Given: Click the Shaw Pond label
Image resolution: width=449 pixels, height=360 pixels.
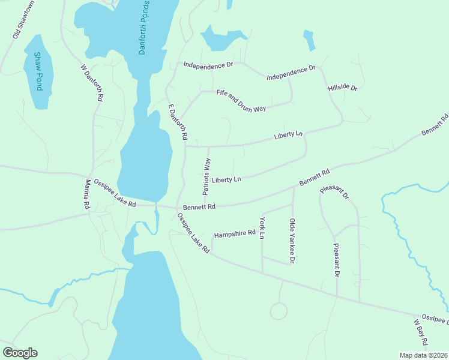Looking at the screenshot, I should pyautogui.click(x=38, y=71).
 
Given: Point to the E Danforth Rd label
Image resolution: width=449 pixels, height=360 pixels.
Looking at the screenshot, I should pyautogui.click(x=177, y=122).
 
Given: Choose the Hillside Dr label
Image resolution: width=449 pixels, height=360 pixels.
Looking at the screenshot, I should pyautogui.click(x=343, y=88).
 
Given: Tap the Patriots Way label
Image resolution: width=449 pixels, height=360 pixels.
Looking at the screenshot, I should pyautogui.click(x=207, y=176).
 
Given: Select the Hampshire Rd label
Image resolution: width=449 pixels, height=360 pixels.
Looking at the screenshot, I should pyautogui.click(x=235, y=233).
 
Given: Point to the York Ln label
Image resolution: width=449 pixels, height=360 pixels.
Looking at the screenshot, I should pyautogui.click(x=262, y=228).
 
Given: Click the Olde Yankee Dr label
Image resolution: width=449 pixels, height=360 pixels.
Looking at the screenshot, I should pyautogui.click(x=292, y=241).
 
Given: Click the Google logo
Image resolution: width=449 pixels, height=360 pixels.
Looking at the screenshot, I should pyautogui.click(x=20, y=352).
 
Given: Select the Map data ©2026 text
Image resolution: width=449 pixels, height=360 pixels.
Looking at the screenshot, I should pyautogui.click(x=423, y=355).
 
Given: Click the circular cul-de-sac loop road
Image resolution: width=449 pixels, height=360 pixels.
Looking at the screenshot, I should pyautogui.click(x=279, y=311).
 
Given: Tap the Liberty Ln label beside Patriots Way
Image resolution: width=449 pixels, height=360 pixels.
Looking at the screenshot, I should pyautogui.click(x=226, y=179).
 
